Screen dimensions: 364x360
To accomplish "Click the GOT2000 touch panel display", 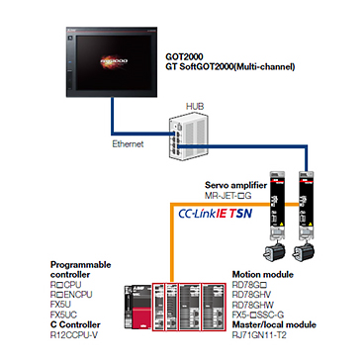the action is tap(112, 62).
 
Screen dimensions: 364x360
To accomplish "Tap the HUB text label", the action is tap(195, 107).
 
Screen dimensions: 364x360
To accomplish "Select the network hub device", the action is tap(188, 137).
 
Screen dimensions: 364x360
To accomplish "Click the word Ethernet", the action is tap(128, 144).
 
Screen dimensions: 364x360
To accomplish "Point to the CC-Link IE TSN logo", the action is tap(215, 214).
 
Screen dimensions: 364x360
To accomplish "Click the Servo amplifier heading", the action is tap(235, 185).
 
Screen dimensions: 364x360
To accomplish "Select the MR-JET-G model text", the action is tap(228, 196).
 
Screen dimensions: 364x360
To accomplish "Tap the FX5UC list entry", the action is tap(63, 314).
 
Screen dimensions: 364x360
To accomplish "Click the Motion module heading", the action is tap(263, 274).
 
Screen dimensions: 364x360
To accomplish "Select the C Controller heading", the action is tap(75, 324).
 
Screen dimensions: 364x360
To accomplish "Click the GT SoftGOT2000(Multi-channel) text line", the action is tap(229, 67).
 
